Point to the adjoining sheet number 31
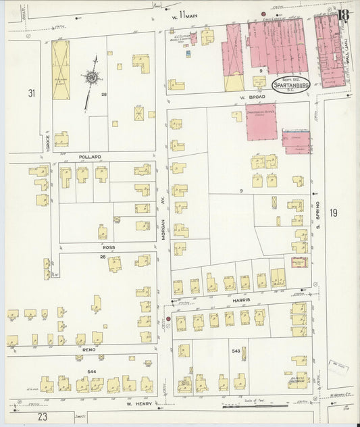[30, 92]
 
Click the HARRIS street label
[242, 299]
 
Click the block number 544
[92, 372]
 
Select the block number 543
[236, 351]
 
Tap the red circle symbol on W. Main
[262, 14]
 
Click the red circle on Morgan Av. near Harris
[168, 318]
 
